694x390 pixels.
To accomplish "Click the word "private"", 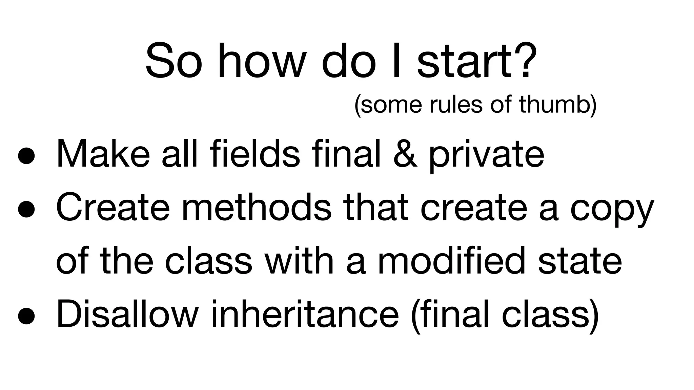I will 486,154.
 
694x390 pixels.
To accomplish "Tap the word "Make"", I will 103,154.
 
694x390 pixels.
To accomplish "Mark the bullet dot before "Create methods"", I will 26,209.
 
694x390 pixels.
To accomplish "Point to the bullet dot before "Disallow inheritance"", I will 26,316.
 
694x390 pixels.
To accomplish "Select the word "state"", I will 580,261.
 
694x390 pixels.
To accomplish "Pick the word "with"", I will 300,261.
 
